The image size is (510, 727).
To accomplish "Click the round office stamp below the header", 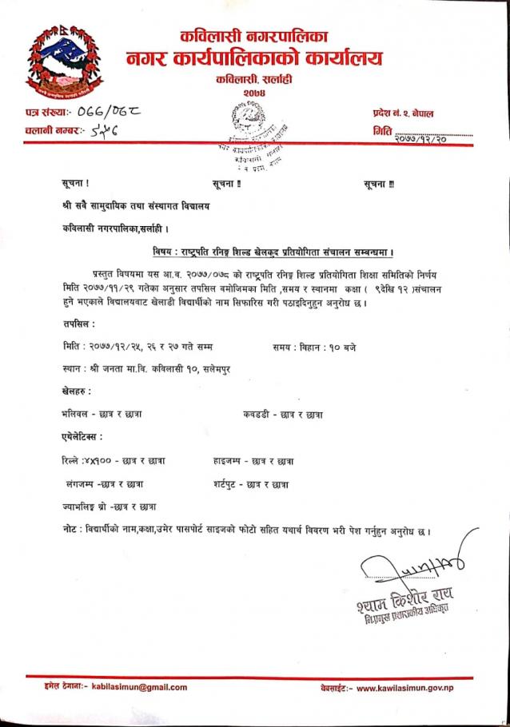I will click(x=243, y=136).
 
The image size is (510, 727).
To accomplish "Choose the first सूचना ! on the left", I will click(x=76, y=185).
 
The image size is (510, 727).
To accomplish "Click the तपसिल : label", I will click(x=78, y=324).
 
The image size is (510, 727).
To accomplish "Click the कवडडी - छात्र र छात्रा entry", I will click(x=282, y=415).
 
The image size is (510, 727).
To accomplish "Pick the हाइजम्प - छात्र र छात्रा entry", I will click(x=253, y=462).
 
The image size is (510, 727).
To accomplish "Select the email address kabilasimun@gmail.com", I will click(x=139, y=687).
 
